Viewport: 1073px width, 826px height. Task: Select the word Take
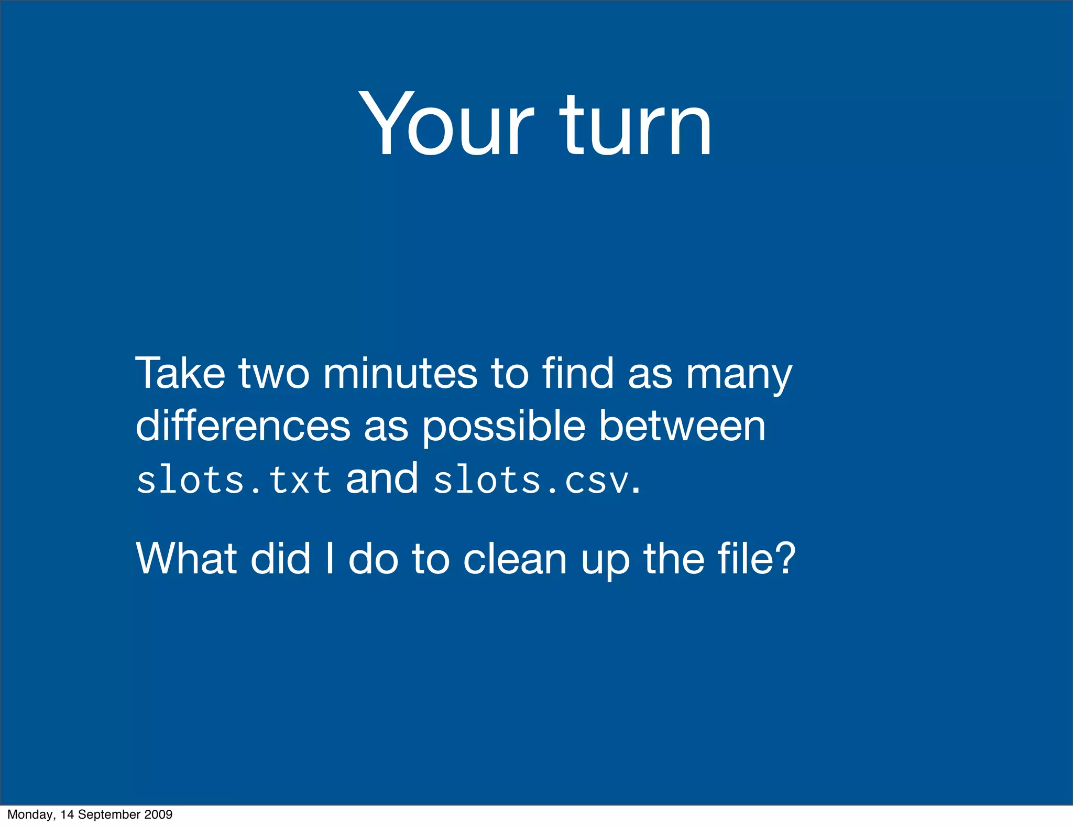pos(180,373)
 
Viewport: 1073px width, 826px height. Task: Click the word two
pos(274,374)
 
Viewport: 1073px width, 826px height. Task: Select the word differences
pos(243,425)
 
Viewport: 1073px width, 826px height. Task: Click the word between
pos(682,425)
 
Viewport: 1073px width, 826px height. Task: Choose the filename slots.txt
pos(234,480)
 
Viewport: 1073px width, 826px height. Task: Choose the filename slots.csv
pos(531,480)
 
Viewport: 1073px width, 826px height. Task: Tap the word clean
pos(515,559)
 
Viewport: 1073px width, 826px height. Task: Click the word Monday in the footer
pos(30,814)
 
